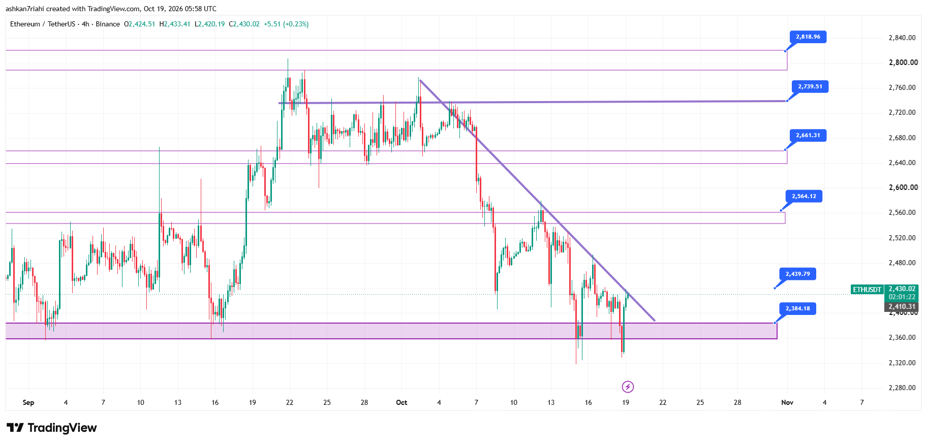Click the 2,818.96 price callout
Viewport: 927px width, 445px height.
tap(808, 37)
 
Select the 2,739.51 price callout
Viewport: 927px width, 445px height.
tap(810, 87)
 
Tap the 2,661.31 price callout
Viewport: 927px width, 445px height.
tap(808, 136)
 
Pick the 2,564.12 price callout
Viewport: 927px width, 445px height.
tap(804, 197)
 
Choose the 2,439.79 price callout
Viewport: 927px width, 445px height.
tap(798, 274)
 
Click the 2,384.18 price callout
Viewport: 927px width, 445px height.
tap(798, 309)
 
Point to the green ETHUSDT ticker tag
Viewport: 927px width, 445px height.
tap(867, 290)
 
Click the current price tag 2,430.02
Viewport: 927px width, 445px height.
tap(902, 289)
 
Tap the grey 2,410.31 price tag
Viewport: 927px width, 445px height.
tap(902, 307)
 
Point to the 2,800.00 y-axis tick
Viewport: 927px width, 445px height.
tap(903, 62)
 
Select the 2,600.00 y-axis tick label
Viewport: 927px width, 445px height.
tap(903, 187)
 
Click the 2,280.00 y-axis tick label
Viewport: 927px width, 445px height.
tap(902, 388)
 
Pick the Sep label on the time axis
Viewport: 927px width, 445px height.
tap(28, 402)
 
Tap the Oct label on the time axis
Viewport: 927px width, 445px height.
tap(401, 402)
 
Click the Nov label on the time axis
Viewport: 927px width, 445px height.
tap(787, 402)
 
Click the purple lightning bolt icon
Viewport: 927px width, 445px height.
tap(628, 387)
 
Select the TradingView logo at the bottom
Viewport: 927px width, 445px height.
tap(52, 428)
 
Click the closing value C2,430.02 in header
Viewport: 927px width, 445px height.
tap(244, 24)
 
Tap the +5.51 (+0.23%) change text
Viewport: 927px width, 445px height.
tap(286, 24)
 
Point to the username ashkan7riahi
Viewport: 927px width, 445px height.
tap(24, 9)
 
